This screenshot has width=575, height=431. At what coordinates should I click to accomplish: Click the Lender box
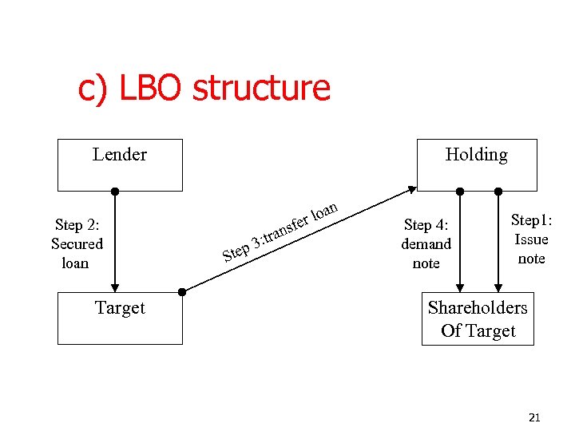point(120,164)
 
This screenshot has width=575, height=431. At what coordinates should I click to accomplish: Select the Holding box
point(477,164)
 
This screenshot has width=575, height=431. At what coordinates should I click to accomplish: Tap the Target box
point(120,318)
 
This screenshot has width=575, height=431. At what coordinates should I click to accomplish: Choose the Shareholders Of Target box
point(478,319)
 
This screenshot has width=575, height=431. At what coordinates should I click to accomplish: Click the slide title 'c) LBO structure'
point(204,88)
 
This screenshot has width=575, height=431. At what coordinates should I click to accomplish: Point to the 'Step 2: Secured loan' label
point(77,243)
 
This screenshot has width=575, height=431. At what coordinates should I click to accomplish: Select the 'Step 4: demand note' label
point(426,243)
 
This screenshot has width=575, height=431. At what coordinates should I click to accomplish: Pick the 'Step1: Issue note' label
point(531,239)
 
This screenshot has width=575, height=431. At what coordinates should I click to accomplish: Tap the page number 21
point(534,417)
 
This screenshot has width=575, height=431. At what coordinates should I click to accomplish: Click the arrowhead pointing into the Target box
point(115,287)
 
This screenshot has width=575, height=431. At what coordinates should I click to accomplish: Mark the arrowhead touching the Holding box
point(412,190)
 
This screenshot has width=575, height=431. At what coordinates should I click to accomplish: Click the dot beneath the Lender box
point(115,192)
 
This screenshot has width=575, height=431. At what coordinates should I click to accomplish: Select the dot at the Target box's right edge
point(182,292)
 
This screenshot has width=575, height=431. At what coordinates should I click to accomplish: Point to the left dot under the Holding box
point(460,192)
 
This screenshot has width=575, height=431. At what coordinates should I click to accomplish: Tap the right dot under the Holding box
point(498,192)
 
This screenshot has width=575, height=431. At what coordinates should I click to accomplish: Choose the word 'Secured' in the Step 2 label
point(77,243)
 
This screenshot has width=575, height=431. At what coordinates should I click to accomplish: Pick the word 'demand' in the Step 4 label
point(426,243)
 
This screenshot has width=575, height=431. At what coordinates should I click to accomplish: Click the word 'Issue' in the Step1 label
point(531,239)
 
